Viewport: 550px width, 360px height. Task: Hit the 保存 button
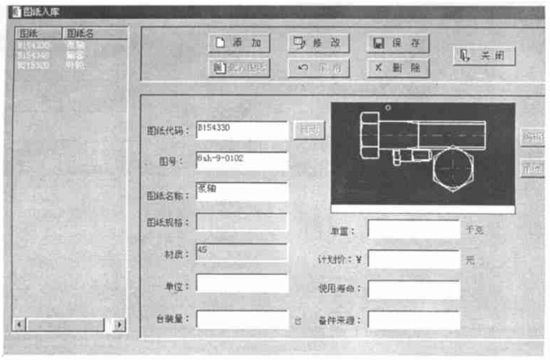pyautogui.click(x=397, y=42)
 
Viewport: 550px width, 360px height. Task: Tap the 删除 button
pyautogui.click(x=397, y=68)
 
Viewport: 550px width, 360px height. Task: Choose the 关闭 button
pyautogui.click(x=484, y=55)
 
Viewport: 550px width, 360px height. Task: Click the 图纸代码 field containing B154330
pyautogui.click(x=241, y=130)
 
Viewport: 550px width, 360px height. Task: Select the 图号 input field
pyautogui.click(x=241, y=160)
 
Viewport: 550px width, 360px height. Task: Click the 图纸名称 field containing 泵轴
pyautogui.click(x=241, y=191)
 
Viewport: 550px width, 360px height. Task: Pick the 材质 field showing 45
pyautogui.click(x=241, y=252)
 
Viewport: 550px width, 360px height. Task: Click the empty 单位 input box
pyautogui.click(x=241, y=283)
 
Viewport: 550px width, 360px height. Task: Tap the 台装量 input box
pyautogui.click(x=241, y=318)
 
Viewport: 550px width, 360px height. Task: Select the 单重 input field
pyautogui.click(x=413, y=229)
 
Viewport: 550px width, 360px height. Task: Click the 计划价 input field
pyautogui.click(x=413, y=259)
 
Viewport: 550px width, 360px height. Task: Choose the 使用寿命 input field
pyautogui.click(x=413, y=289)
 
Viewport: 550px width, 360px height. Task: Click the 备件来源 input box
pyautogui.click(x=413, y=319)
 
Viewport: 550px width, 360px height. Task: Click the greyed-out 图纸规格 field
pyautogui.click(x=241, y=222)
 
